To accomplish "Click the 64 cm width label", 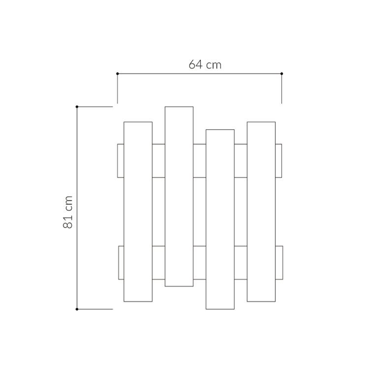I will pos(205,65).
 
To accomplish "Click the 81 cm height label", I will pos(68,211).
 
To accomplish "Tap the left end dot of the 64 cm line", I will pos(118,73).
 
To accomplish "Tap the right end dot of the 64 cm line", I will pos(282,73).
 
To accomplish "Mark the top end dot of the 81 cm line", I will pos(77,107).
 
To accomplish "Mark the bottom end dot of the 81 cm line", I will pos(77,309).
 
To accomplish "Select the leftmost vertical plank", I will pos(138,211).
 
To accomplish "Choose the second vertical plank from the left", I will pos(179,196).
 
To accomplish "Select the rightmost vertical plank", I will pos(261,211).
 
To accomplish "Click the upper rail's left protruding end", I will pos(121,161).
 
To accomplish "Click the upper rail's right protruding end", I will pos(279,161).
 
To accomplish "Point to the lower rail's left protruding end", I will pos(121,262).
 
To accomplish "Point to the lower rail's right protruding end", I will pos(279,262).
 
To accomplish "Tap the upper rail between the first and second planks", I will pos(158,161).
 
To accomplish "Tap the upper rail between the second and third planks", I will pos(199,161).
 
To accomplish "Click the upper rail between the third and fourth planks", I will pos(240,161).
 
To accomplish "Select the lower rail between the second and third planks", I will pos(199,262).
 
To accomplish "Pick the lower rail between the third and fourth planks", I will pos(240,262).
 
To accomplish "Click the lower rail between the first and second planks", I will pos(158,262).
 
